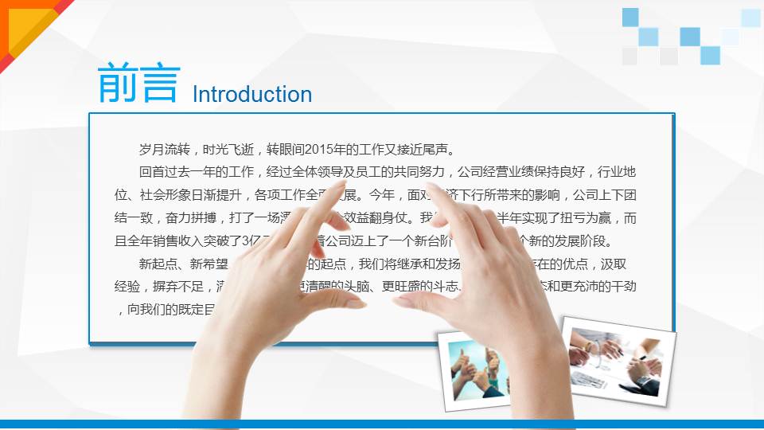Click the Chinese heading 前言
tap(138, 84)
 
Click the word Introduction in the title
tap(252, 95)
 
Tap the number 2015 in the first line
tap(318, 149)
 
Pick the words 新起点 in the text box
tap(158, 264)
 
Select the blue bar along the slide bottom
tap(382, 424)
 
